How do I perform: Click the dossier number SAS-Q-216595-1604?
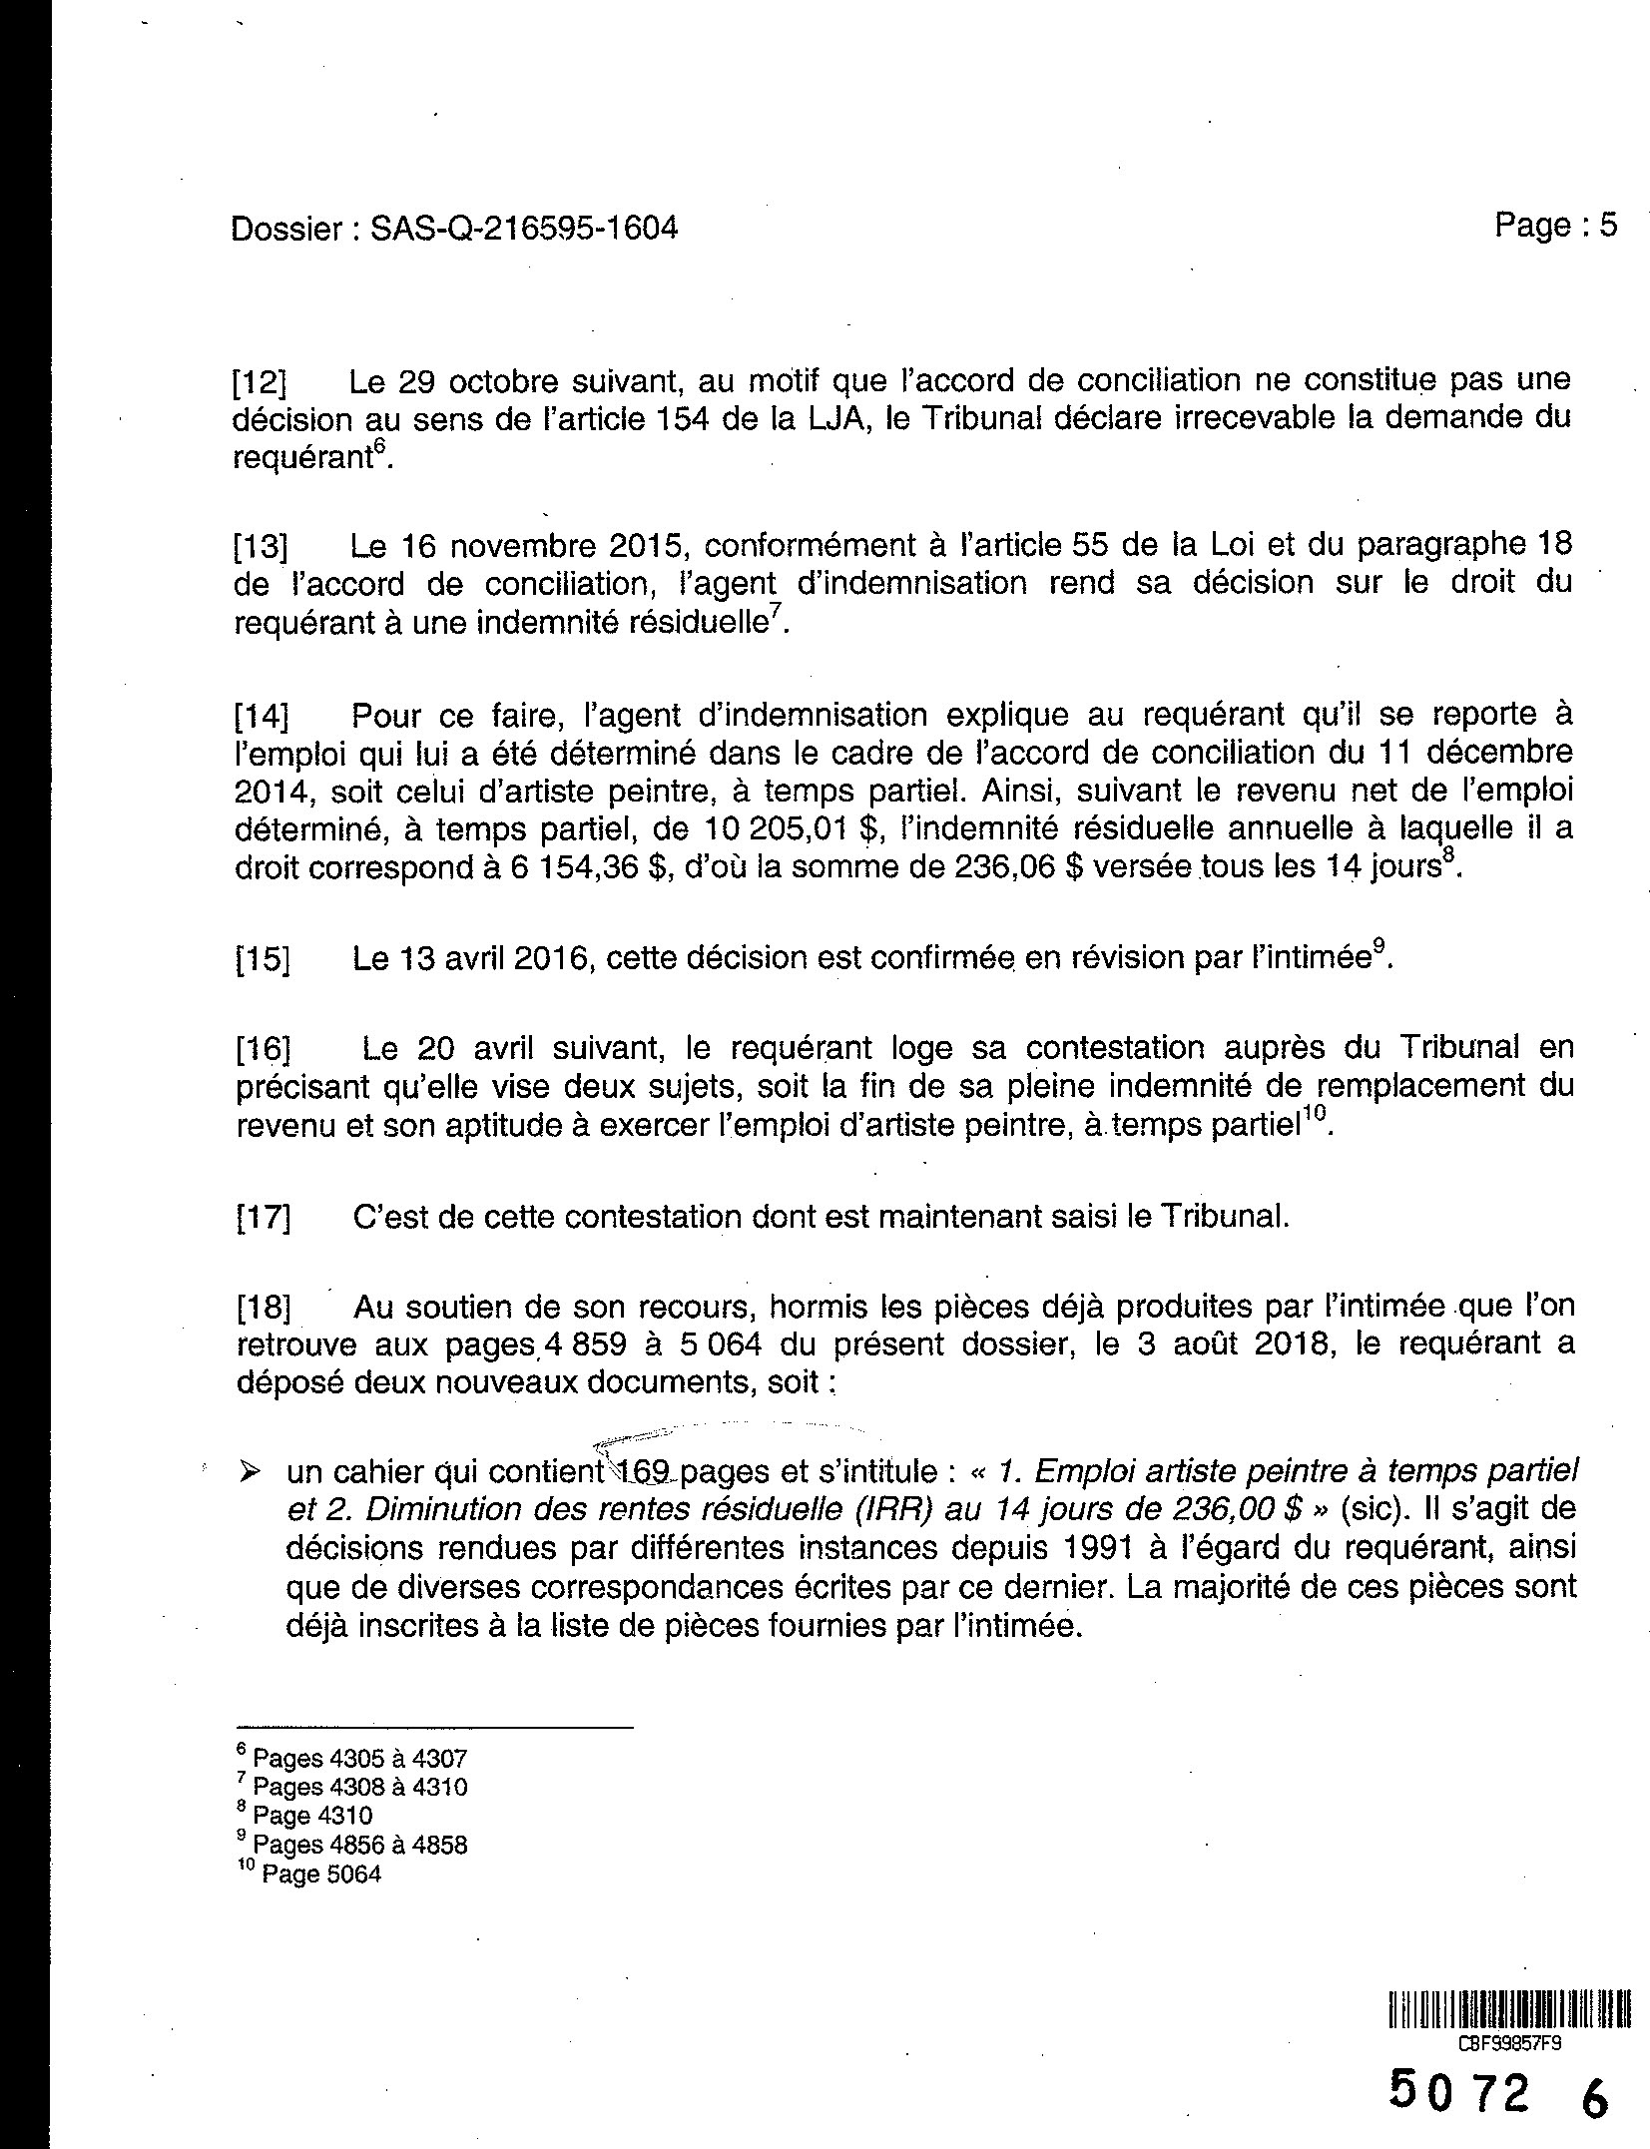click(x=523, y=229)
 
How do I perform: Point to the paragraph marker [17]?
click(x=263, y=1219)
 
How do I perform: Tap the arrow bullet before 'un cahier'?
click(x=252, y=1471)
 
